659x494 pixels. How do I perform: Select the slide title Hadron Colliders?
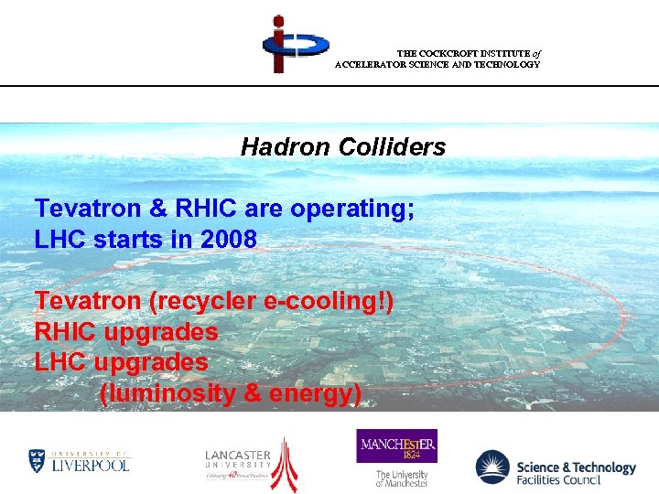coord(342,146)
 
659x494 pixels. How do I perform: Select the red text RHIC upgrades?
coord(125,331)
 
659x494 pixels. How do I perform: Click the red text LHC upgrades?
coord(121,362)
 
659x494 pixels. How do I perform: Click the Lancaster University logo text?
coord(237,456)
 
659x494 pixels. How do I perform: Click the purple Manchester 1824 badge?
coord(396,446)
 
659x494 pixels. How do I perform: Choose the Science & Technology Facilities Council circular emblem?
coord(492,467)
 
